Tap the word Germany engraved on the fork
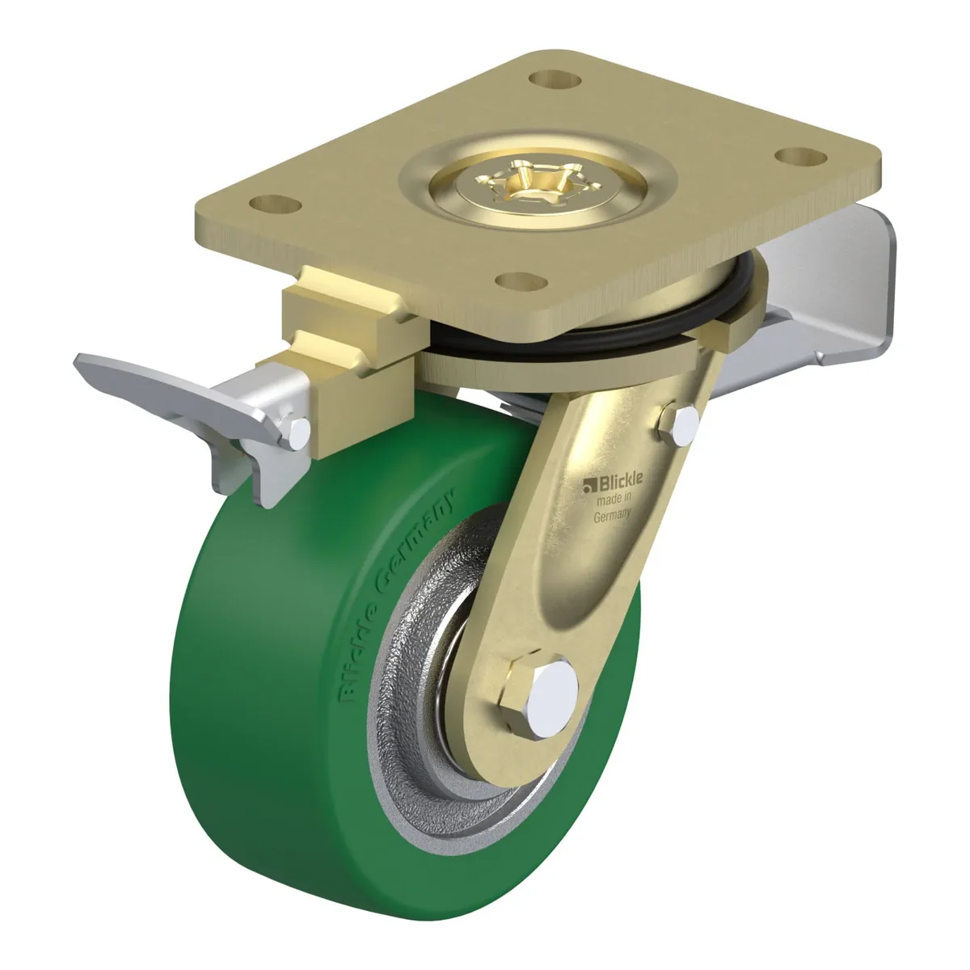pos(613,516)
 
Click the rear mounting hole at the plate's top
pos(555,79)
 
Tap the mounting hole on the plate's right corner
pos(801,156)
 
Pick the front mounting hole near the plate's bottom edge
pos(521,281)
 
